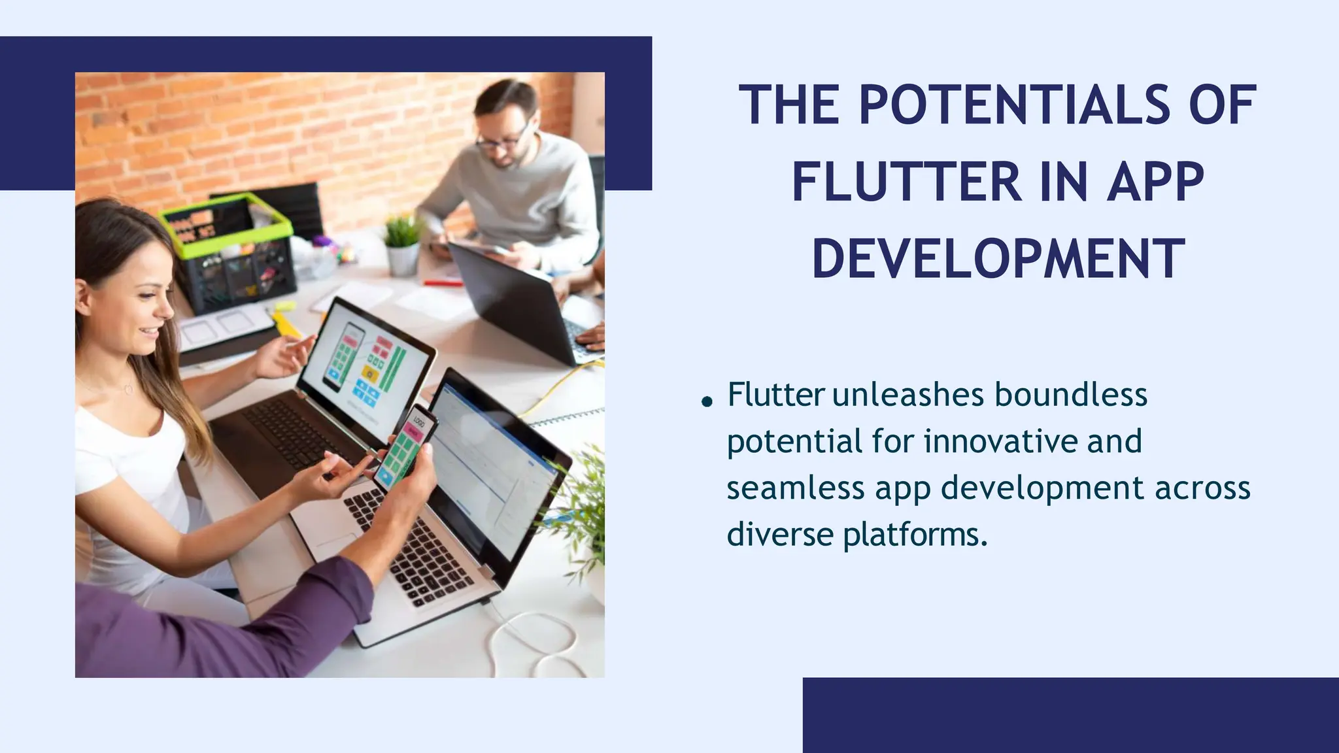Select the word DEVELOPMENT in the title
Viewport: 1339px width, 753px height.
tap(998, 259)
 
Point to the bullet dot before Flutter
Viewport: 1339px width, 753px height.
tap(706, 401)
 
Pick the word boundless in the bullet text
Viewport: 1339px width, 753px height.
tap(1071, 395)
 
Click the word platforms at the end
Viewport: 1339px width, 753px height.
tap(915, 535)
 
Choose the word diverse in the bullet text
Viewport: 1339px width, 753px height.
tap(779, 534)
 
